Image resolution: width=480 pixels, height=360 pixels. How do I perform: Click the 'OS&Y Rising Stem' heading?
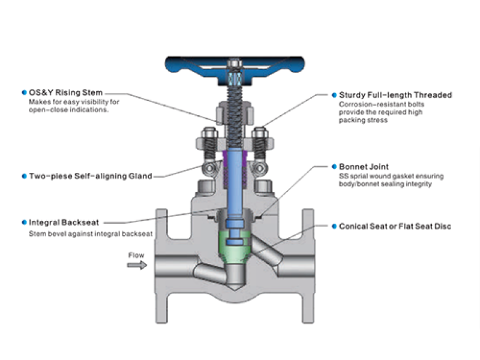[66, 93]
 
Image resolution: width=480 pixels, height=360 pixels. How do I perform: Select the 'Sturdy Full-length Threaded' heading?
[395, 95]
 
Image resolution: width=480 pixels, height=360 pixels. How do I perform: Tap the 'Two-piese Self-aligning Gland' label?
[90, 176]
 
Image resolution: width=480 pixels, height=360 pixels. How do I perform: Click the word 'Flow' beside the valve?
[136, 255]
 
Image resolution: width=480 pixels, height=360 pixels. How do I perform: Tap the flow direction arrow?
[137, 265]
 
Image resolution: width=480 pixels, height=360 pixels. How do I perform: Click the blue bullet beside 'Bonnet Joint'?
[334, 166]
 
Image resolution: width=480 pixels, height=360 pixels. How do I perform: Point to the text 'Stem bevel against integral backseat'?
[90, 233]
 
